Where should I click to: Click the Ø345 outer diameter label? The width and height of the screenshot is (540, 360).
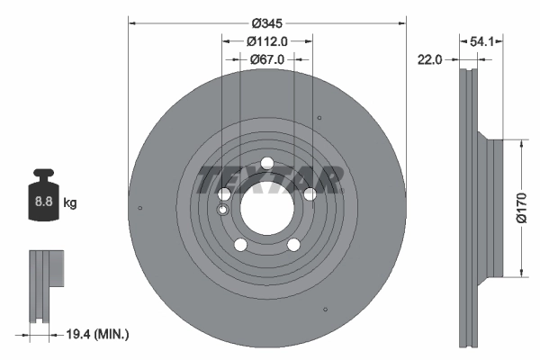point(267,21)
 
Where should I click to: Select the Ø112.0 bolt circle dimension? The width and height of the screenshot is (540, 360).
point(266,40)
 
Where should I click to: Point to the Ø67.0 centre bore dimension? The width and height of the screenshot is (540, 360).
point(266,59)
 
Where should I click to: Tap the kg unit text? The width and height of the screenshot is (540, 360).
point(70,203)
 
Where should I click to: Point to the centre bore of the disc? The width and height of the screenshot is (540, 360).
point(267,208)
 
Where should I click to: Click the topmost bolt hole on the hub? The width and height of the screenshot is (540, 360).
point(267,163)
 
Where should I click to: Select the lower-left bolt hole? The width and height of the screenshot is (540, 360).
point(240,245)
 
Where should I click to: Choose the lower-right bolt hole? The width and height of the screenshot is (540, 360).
point(294,245)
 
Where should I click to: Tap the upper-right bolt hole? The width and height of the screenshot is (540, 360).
point(310,193)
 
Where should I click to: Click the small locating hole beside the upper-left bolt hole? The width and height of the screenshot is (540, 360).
point(223,211)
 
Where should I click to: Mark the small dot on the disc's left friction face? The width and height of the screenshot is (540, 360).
point(141,209)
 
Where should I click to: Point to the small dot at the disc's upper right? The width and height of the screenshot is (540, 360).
point(320,117)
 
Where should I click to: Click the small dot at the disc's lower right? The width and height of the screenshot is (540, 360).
point(321,311)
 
